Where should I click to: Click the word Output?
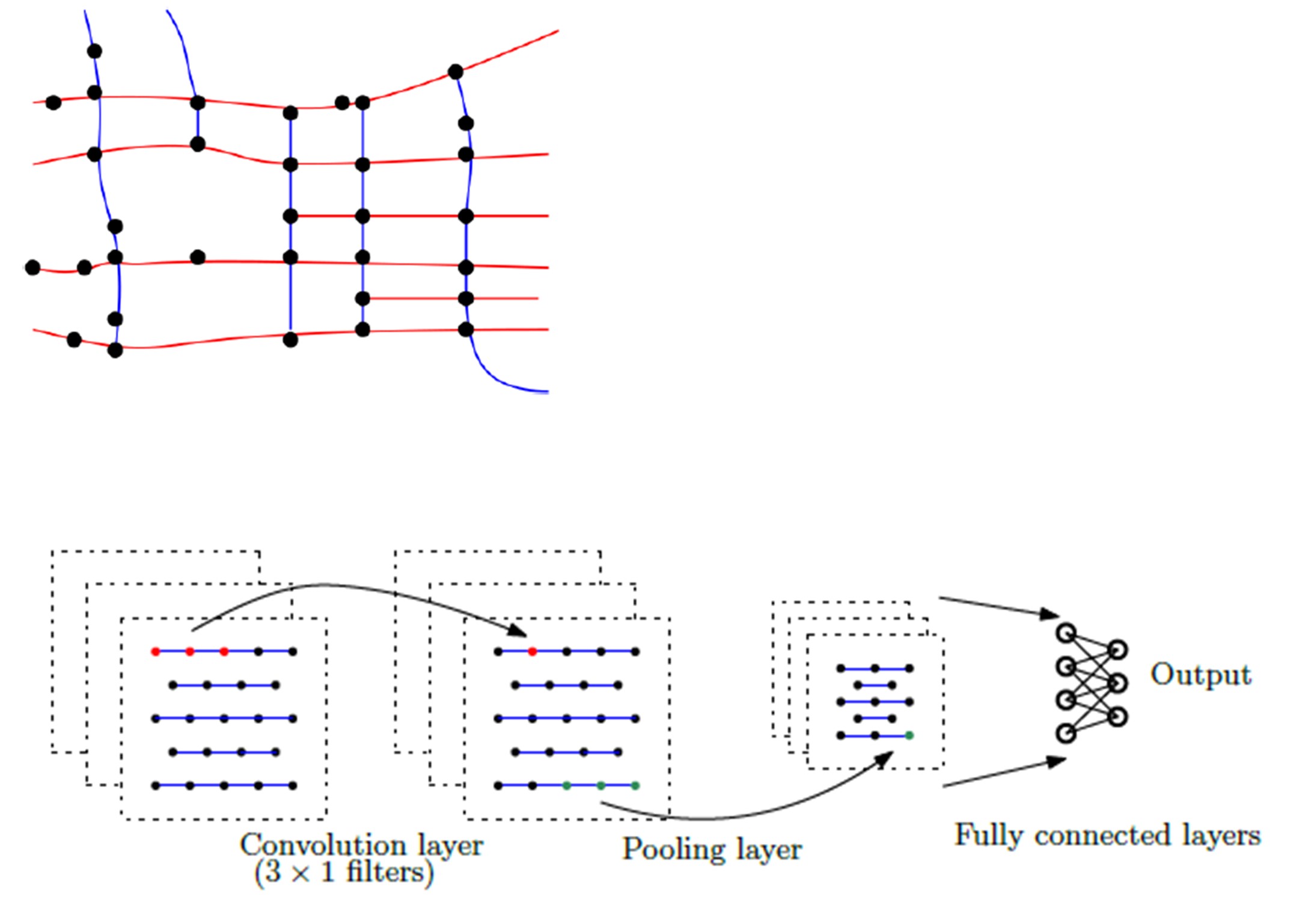pyautogui.click(x=1200, y=675)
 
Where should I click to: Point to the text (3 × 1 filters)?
pyautogui.click(x=343, y=872)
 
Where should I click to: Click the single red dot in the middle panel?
pyautogui.click(x=532, y=651)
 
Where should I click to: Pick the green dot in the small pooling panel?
pyautogui.click(x=909, y=735)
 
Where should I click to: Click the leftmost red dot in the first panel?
pyautogui.click(x=156, y=651)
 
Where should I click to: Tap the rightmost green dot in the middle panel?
pyautogui.click(x=635, y=785)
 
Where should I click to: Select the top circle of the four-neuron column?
pyautogui.click(x=1066, y=633)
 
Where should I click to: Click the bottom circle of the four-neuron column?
pyautogui.click(x=1066, y=734)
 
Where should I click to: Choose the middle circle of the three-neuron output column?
pyautogui.click(x=1117, y=683)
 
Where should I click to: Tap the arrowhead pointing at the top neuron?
pyautogui.click(x=1050, y=615)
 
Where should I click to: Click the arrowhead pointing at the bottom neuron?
pyautogui.click(x=1056, y=761)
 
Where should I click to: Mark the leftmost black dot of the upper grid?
pyautogui.click(x=32, y=267)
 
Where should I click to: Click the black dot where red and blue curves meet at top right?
pyautogui.click(x=456, y=72)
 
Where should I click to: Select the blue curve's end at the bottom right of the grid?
pyautogui.click(x=547, y=392)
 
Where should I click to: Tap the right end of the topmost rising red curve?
pyautogui.click(x=558, y=31)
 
